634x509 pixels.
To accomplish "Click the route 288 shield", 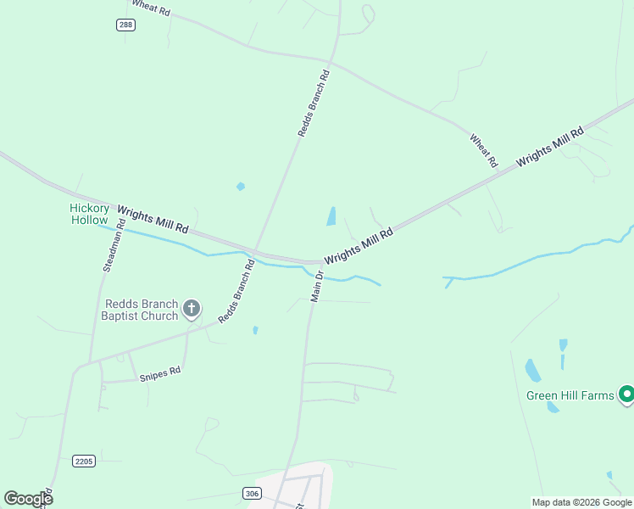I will (x=125, y=25).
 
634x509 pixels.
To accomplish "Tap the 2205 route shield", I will (x=84, y=461).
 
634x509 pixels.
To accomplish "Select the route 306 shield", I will (x=251, y=493).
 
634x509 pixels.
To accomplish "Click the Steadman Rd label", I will (x=114, y=245).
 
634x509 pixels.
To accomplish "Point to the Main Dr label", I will (x=318, y=285).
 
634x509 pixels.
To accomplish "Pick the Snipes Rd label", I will (x=160, y=372).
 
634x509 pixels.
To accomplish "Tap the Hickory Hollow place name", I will (x=89, y=214).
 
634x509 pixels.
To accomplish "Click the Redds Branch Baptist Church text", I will (x=140, y=310).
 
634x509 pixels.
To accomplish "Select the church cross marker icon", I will (x=192, y=309).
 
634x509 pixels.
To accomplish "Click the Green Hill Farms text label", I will (x=570, y=395).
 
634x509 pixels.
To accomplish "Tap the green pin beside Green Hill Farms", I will (x=626, y=394).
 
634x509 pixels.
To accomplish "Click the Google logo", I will (x=28, y=499).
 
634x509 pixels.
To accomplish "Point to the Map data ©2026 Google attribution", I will (x=582, y=502).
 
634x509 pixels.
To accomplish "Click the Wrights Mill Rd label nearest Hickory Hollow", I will (x=153, y=218).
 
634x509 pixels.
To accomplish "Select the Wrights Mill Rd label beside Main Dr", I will (x=359, y=244).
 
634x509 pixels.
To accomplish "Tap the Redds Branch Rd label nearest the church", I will (x=236, y=291).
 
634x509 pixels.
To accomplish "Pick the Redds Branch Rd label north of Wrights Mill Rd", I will (x=313, y=103).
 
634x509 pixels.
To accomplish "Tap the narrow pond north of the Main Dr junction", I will (x=331, y=216).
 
